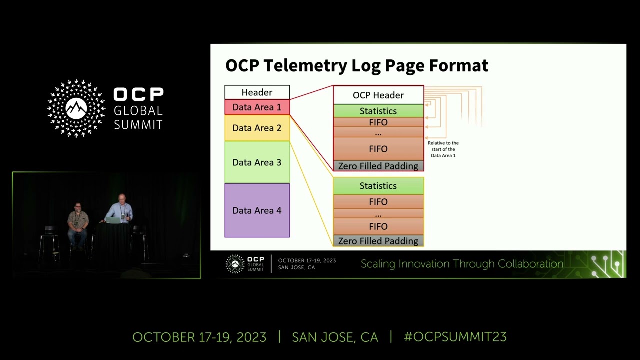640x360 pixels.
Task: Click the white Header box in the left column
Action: pyautogui.click(x=257, y=92)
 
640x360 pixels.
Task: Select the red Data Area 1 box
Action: pyautogui.click(x=257, y=107)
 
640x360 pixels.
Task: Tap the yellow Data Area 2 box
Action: pyautogui.click(x=257, y=128)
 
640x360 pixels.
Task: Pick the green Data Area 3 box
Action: pyautogui.click(x=257, y=162)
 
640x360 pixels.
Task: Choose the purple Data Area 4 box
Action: pyautogui.click(x=257, y=210)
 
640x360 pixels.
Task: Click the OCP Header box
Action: pyautogui.click(x=378, y=95)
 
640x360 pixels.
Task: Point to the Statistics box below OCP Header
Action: pyautogui.click(x=378, y=111)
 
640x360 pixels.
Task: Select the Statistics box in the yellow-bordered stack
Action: pyautogui.click(x=378, y=186)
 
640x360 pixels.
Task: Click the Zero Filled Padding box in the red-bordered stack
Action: pyautogui.click(x=378, y=166)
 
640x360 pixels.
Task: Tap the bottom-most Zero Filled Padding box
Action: pyautogui.click(x=378, y=241)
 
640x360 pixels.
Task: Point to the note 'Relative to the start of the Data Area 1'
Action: pyautogui.click(x=443, y=149)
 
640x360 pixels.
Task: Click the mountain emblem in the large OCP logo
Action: pyautogui.click(x=76, y=108)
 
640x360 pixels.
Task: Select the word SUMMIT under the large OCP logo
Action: pyautogui.click(x=138, y=124)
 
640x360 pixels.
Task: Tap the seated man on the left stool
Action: pyautogui.click(x=78, y=222)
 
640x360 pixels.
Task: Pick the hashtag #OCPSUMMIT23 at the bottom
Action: pyautogui.click(x=455, y=337)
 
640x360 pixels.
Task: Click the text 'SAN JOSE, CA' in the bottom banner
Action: pyautogui.click(x=335, y=337)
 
